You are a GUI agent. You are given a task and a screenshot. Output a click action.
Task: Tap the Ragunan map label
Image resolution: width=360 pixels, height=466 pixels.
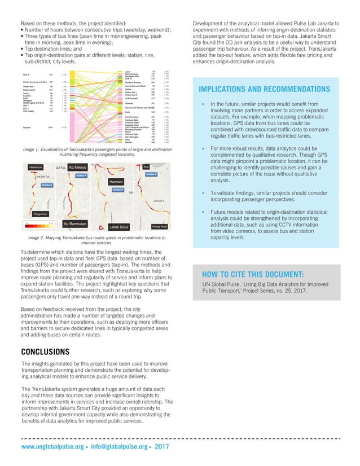(38, 214)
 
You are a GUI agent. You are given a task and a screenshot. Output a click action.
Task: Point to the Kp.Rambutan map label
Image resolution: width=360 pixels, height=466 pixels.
(77, 224)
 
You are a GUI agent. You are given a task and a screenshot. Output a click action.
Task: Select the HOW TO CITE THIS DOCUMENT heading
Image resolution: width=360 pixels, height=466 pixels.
(253, 274)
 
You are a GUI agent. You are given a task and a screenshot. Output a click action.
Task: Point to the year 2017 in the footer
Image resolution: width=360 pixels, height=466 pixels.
(161, 447)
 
